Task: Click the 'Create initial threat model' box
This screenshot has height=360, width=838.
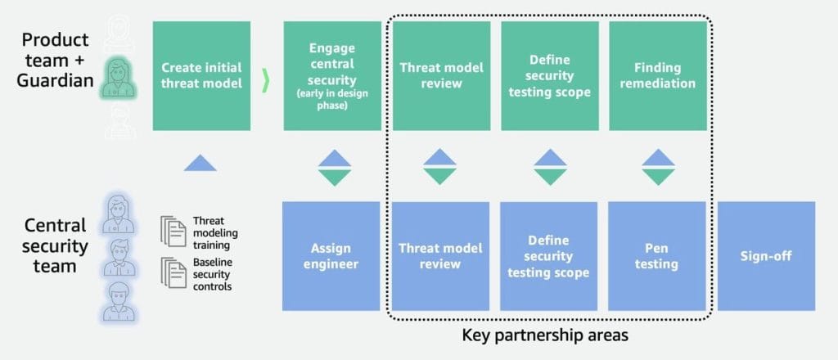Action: coord(201,76)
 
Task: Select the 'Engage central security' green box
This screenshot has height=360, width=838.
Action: coord(332,76)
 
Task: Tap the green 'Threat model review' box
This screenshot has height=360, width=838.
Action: coord(441,76)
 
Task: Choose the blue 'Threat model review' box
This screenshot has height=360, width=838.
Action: coord(440,256)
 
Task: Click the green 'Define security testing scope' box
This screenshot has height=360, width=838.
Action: coord(549,76)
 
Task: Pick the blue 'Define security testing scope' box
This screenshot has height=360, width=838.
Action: coord(548,256)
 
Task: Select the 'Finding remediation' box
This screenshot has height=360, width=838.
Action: coord(658,76)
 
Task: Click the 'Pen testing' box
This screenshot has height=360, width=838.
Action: coord(657,256)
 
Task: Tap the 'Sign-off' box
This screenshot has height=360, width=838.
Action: coord(766,256)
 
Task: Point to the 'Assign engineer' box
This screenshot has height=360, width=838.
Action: coord(331,256)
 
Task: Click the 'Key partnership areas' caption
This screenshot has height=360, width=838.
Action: coord(545,336)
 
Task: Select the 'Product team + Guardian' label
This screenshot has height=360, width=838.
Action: coord(56,60)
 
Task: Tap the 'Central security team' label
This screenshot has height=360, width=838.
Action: coord(56,245)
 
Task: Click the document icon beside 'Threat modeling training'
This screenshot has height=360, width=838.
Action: coord(173,232)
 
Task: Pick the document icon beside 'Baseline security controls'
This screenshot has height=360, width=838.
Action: coord(173,273)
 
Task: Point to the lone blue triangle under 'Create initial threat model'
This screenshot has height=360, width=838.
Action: coord(200,162)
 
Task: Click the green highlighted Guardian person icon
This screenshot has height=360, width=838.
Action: coord(118,78)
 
